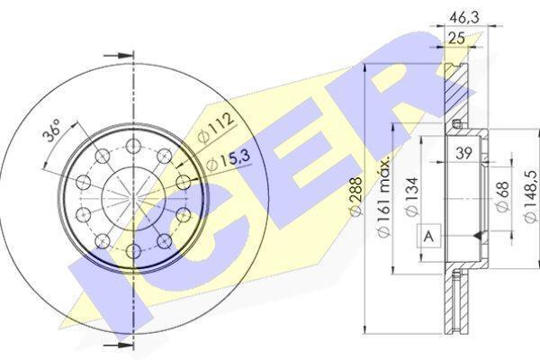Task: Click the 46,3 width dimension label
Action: tap(463, 17)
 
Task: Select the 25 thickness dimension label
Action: tap(456, 38)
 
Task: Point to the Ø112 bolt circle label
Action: tap(216, 129)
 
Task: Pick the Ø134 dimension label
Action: tap(411, 197)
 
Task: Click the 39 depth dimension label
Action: tap(463, 153)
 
